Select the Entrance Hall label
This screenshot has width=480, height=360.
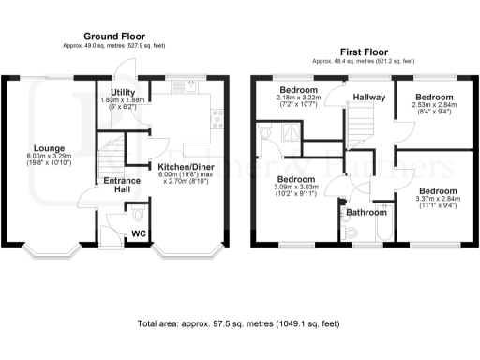[121, 185]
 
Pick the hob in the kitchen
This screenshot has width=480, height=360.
[217, 118]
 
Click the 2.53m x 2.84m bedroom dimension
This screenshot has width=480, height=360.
[434, 109]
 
